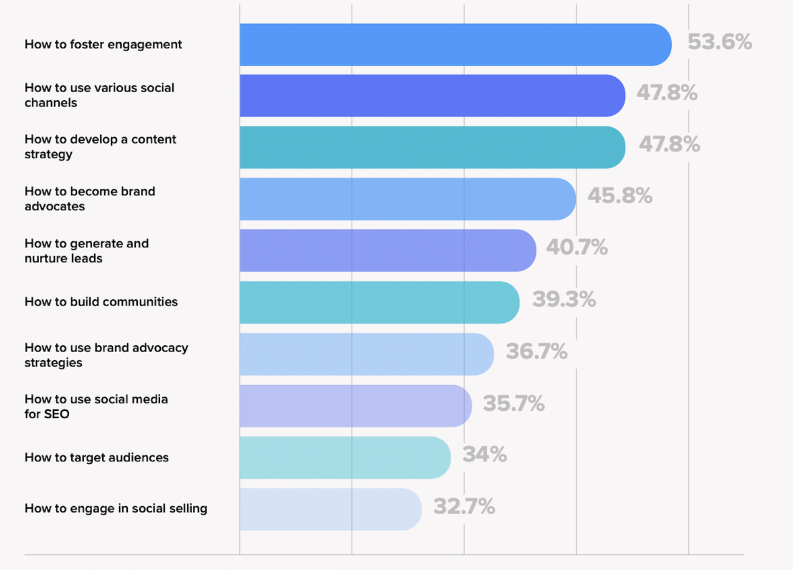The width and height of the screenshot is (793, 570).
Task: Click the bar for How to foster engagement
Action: click(455, 45)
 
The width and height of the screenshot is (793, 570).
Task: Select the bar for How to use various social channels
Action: click(432, 96)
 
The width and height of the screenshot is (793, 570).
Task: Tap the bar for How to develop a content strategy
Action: click(432, 148)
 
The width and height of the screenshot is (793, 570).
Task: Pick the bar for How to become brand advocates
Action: click(408, 199)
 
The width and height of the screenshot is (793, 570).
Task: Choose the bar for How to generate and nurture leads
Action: click(387, 250)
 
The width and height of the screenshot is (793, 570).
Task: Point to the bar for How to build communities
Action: click(379, 303)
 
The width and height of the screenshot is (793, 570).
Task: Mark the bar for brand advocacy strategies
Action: click(366, 354)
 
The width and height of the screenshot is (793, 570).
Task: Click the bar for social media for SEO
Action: click(355, 406)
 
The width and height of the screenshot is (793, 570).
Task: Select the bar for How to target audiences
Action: click(345, 458)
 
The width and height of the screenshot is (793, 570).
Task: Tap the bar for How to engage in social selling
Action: click(331, 509)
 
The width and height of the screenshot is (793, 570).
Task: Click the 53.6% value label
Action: click(720, 42)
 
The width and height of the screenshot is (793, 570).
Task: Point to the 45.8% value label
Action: click(619, 196)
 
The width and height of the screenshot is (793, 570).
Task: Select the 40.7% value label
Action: click(576, 247)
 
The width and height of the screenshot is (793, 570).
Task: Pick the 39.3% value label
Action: click(564, 299)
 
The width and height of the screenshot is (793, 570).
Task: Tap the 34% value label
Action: click(484, 454)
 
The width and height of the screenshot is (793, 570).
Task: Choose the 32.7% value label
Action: click(464, 507)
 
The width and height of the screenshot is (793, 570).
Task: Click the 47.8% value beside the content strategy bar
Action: click(669, 144)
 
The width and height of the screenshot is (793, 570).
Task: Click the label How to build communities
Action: click(101, 302)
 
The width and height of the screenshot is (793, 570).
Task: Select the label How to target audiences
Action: click(96, 458)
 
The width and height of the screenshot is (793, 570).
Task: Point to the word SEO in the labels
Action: click(57, 414)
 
